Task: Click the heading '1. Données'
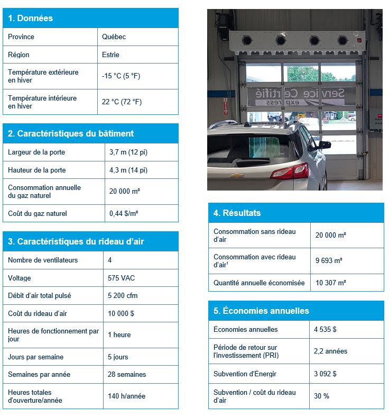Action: coord(30,18)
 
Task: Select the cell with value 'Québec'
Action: coord(114,37)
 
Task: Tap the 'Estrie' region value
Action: coord(110,55)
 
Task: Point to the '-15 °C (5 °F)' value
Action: coord(121,76)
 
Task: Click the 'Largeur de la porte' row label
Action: coord(37,152)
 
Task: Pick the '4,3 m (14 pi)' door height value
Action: coord(128,170)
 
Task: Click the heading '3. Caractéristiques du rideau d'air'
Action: coord(76,242)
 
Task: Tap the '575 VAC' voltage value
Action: coord(121,278)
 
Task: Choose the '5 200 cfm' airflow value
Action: coord(123,295)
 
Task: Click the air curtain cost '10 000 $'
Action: coord(121,313)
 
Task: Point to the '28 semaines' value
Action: coord(127,374)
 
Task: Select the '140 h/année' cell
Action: coord(126,396)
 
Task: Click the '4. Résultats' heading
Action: coord(237,213)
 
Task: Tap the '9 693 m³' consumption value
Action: coord(329,260)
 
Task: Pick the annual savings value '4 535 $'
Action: coord(325,329)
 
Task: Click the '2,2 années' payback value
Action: coord(330,351)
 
